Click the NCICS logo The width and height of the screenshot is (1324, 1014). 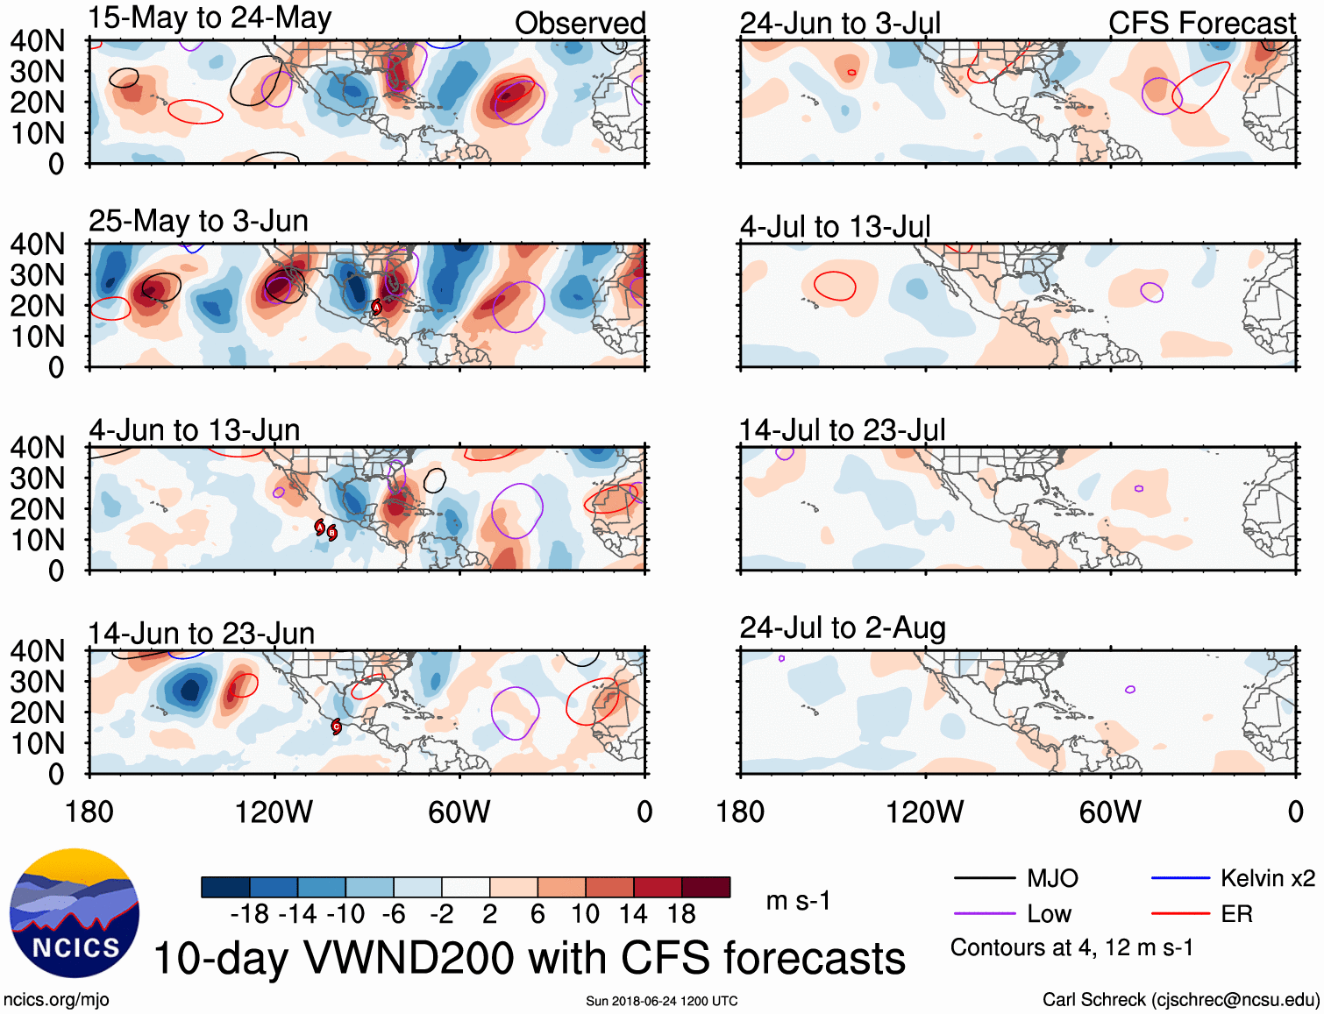tap(75, 913)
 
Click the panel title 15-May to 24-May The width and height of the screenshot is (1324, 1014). tap(210, 18)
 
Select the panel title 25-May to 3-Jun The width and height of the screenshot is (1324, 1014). tap(198, 221)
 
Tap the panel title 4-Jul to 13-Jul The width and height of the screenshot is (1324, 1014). tap(835, 227)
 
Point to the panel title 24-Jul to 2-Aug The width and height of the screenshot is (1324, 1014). tap(843, 628)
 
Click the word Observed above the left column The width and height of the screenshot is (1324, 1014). tap(580, 24)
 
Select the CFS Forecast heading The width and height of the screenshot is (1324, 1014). tap(1201, 24)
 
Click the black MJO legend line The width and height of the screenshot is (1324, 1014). tap(984, 878)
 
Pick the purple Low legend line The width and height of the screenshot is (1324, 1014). tap(984, 914)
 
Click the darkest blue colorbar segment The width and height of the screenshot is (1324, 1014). tap(225, 887)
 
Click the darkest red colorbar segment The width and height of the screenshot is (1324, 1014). tap(706, 887)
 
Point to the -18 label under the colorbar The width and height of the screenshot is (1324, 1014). tap(250, 915)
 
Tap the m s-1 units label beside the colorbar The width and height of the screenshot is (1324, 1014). tap(798, 901)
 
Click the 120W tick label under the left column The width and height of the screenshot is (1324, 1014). tap(274, 812)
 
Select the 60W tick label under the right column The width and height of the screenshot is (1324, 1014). tap(1110, 812)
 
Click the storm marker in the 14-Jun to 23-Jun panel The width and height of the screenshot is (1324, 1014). tap(336, 726)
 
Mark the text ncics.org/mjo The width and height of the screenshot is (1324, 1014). tap(56, 1000)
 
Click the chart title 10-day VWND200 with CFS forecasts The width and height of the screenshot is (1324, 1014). tap(529, 958)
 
